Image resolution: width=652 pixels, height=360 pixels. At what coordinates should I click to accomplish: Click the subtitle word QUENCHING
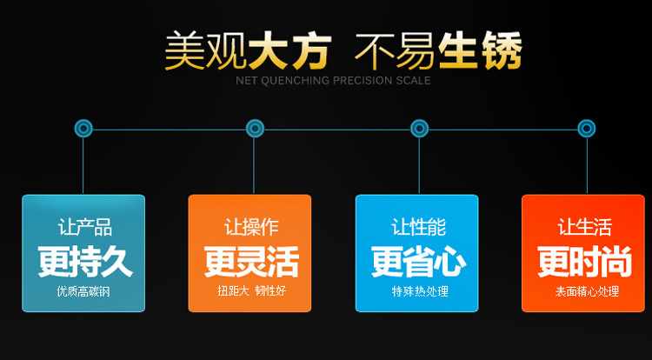tap(306, 81)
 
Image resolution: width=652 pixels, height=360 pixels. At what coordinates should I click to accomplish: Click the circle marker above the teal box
tap(83, 129)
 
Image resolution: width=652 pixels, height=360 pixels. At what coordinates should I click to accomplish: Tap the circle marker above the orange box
tap(254, 129)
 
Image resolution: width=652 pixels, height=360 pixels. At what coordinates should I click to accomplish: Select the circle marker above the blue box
tap(420, 129)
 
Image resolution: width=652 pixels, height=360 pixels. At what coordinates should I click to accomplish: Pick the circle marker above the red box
tap(587, 129)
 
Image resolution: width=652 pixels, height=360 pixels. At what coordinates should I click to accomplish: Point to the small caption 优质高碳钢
tap(83, 291)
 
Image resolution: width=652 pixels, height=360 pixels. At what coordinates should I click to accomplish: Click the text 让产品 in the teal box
tap(84, 228)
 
